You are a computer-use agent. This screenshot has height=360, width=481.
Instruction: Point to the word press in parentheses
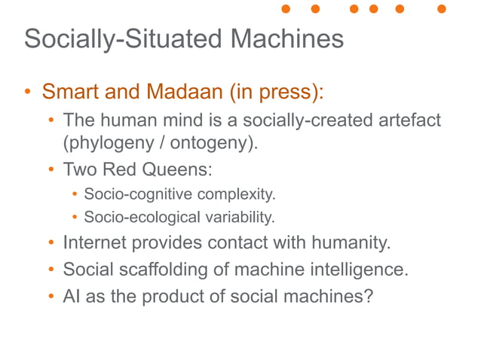(290, 93)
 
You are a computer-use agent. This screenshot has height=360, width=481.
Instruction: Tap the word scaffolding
(164, 269)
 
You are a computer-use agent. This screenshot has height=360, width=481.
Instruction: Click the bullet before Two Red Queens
(51, 169)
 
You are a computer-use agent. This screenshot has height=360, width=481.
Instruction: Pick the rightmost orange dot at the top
(442, 9)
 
